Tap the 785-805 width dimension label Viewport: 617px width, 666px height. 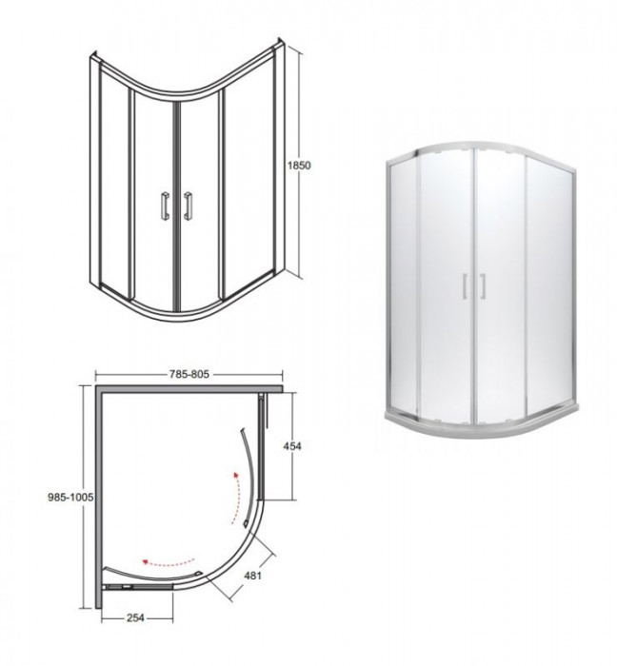[x=189, y=374]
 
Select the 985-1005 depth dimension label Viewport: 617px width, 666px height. [x=70, y=497]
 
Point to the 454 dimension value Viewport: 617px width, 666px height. [x=292, y=446]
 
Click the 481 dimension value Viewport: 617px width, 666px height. [x=252, y=575]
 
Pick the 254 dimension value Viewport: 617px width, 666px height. [x=135, y=618]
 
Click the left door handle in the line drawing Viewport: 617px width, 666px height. [x=165, y=206]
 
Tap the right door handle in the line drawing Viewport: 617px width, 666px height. [x=189, y=206]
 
